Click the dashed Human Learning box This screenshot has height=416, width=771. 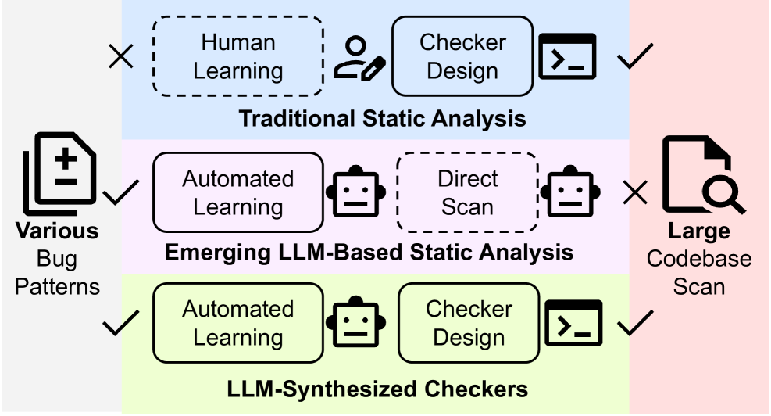pyautogui.click(x=237, y=56)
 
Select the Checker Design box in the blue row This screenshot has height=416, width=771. pyautogui.click(x=462, y=56)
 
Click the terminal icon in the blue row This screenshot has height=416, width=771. pyautogui.click(x=569, y=56)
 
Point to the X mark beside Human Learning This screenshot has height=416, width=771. pyautogui.click(x=121, y=56)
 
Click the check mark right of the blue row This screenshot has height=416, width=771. pyautogui.click(x=635, y=57)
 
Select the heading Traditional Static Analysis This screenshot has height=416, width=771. pyautogui.click(x=382, y=120)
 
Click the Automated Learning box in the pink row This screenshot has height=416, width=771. pyautogui.click(x=237, y=192)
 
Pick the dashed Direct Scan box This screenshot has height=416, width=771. pyautogui.click(x=467, y=192)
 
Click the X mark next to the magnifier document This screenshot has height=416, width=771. pyautogui.click(x=635, y=192)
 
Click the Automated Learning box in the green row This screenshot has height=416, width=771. pyautogui.click(x=237, y=323)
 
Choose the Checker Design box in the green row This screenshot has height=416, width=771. pyautogui.click(x=468, y=323)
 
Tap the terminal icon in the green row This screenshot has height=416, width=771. pyautogui.click(x=573, y=323)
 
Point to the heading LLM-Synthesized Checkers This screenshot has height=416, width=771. pyautogui.click(x=377, y=388)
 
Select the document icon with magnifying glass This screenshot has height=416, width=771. pyautogui.click(x=701, y=174)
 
